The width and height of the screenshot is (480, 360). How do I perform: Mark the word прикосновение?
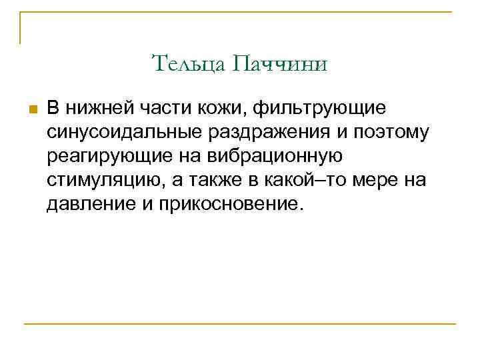231,203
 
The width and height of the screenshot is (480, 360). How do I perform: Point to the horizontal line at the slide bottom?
240,325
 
